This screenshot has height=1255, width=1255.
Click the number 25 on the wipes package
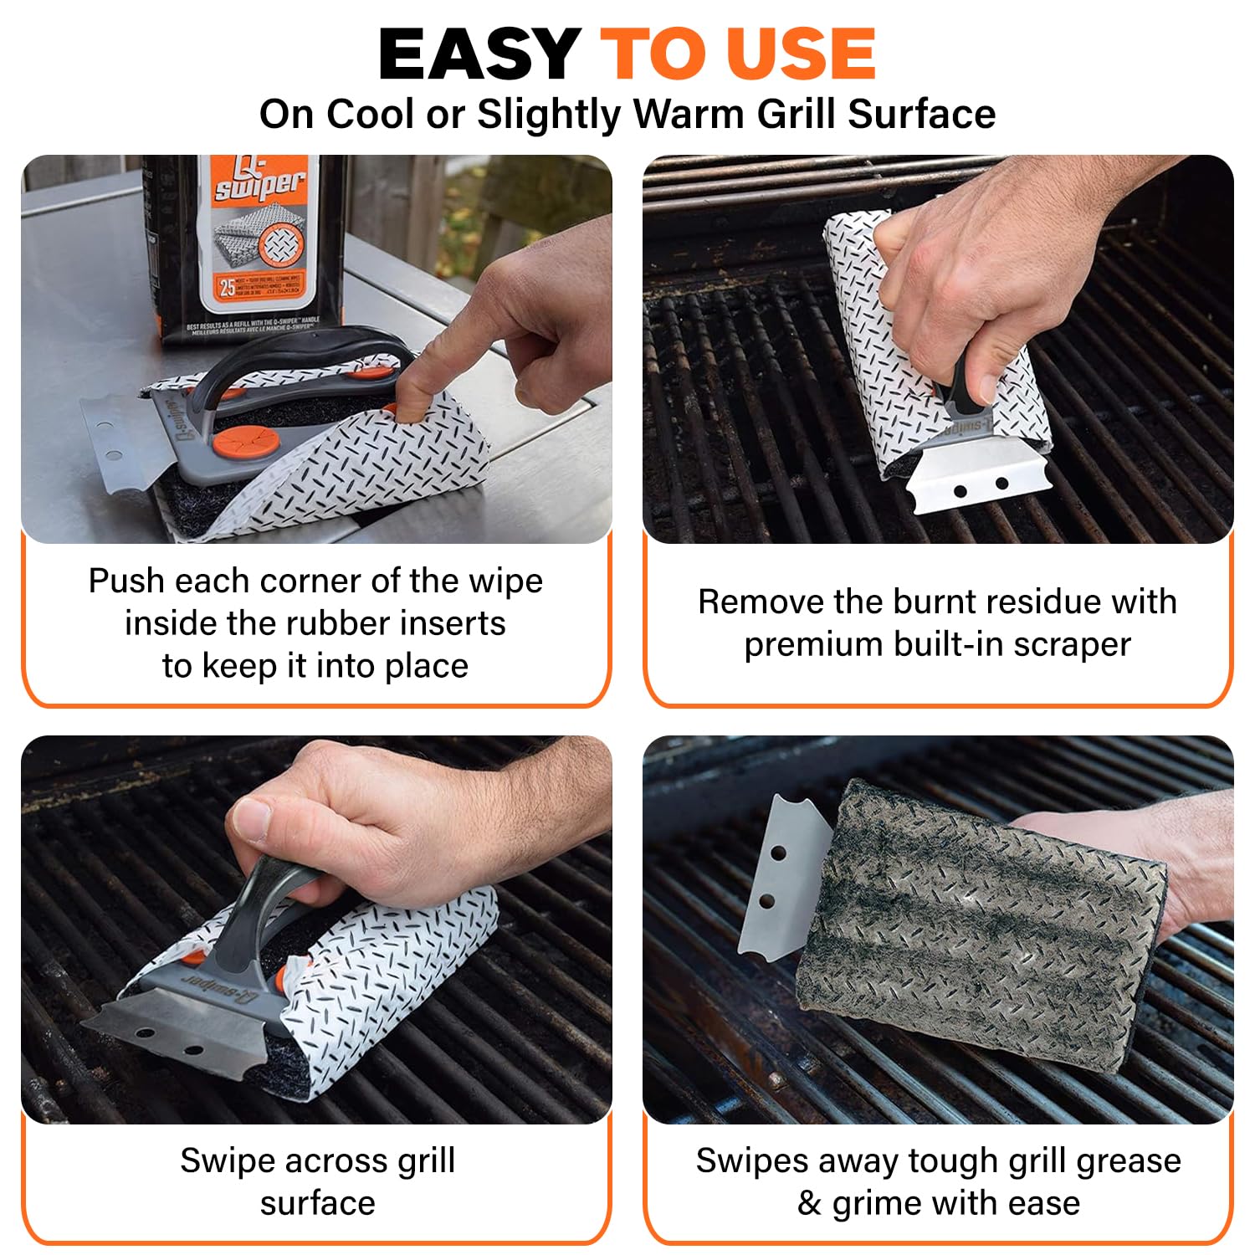click(x=227, y=288)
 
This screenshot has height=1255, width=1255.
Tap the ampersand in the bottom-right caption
click(x=809, y=1204)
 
